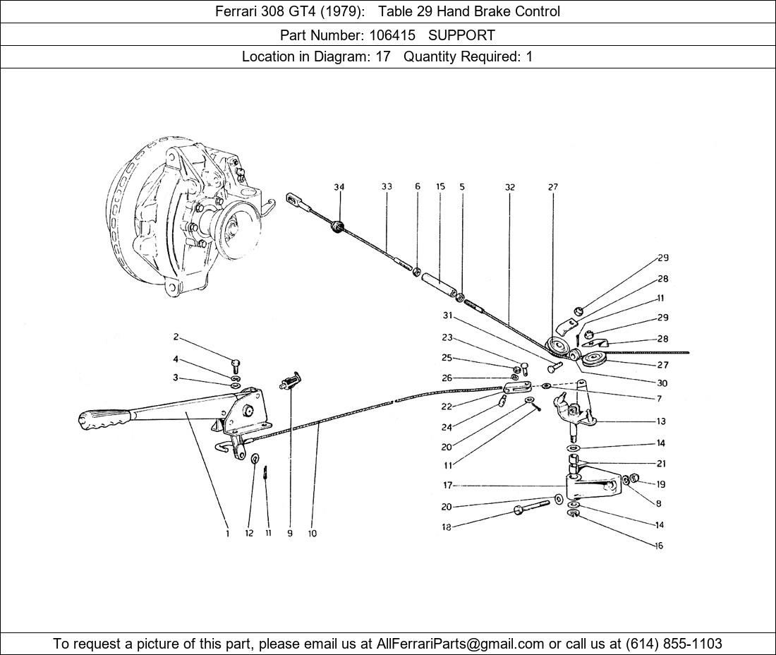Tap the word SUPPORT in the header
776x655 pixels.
click(461, 35)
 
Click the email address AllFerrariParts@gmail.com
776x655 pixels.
click(461, 643)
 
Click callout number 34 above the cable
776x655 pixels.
click(339, 187)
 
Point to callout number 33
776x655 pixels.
click(387, 187)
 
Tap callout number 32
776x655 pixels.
click(509, 187)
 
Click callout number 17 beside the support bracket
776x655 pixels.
click(447, 485)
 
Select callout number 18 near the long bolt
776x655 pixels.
click(446, 527)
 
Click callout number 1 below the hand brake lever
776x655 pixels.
click(227, 534)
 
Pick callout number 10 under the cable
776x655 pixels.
click(312, 534)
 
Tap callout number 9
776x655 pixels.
click(289, 534)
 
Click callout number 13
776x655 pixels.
click(660, 421)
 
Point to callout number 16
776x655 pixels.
click(659, 546)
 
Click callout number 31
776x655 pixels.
click(447, 316)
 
